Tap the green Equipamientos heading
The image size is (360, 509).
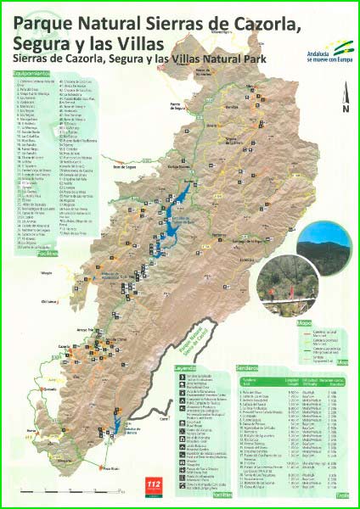(29, 75)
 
